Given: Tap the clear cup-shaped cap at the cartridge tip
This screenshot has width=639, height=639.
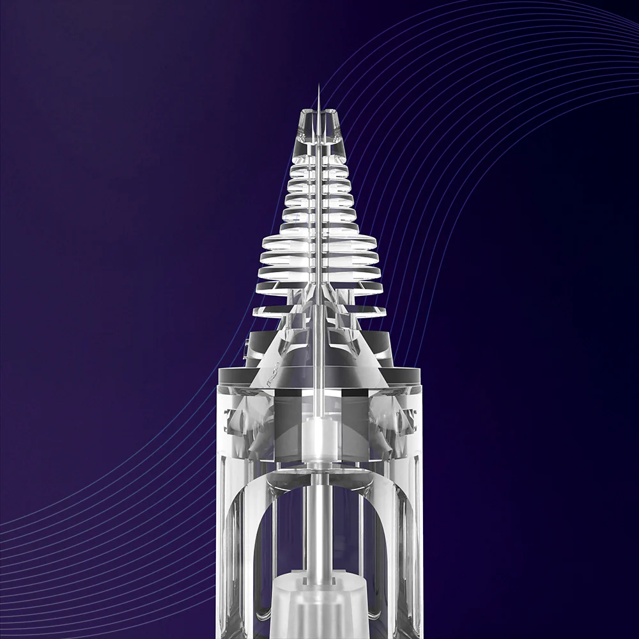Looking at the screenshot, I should [x=319, y=125].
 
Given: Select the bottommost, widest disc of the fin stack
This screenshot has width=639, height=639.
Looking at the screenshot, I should [x=319, y=311].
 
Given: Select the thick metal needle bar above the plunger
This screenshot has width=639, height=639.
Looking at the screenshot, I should [x=317, y=524].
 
